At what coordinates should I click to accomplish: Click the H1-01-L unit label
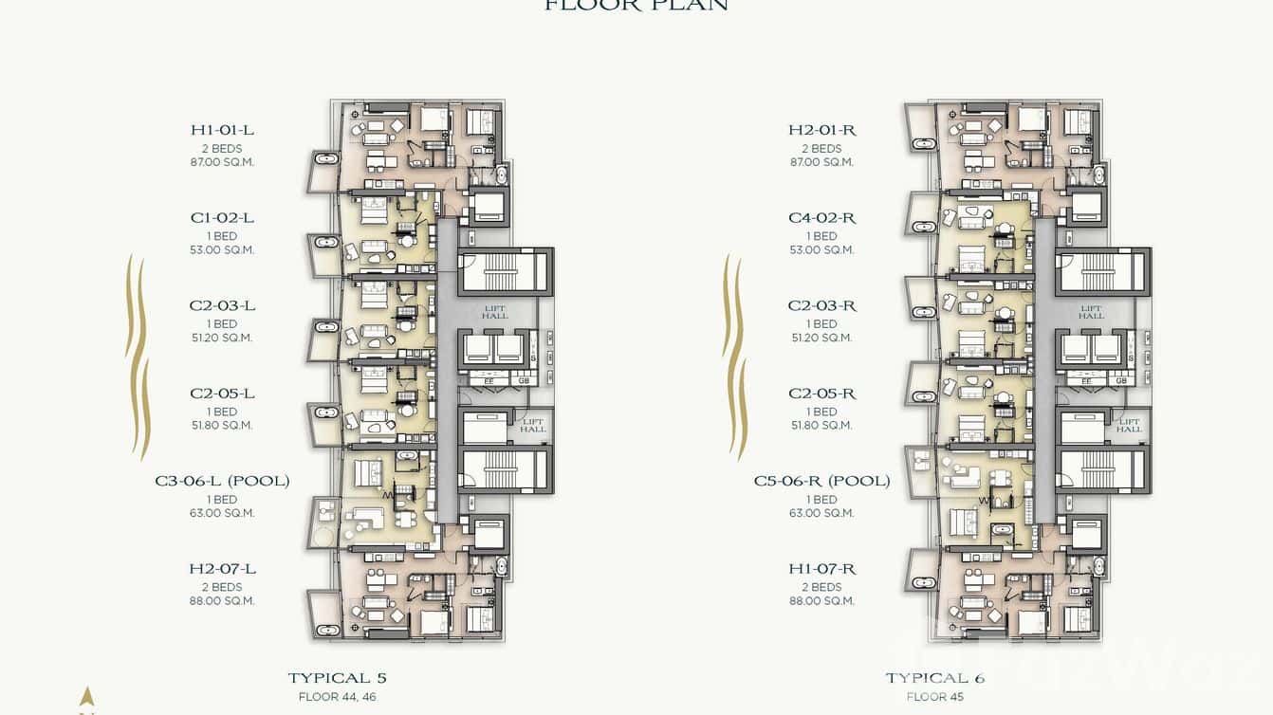(222, 130)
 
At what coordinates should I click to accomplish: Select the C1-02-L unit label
(222, 218)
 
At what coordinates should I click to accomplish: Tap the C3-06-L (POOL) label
(222, 481)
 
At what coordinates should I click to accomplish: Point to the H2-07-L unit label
(222, 569)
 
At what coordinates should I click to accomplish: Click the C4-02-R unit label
(821, 218)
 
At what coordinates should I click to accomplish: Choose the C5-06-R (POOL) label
(821, 481)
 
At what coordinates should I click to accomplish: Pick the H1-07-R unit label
(821, 569)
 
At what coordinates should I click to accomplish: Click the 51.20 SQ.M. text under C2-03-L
(222, 338)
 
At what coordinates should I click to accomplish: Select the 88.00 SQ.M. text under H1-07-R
(821, 600)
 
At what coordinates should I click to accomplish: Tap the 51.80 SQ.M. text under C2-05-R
(821, 426)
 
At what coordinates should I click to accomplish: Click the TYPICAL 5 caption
(337, 678)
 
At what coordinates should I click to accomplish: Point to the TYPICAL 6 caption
(934, 678)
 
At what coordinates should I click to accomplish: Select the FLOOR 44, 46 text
(337, 697)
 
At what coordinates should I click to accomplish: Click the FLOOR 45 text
(934, 697)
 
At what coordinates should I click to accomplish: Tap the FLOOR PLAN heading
(636, 6)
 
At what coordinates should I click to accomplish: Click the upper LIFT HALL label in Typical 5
(494, 312)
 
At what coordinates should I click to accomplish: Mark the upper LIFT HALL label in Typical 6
(1091, 312)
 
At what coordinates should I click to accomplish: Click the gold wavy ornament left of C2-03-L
(138, 356)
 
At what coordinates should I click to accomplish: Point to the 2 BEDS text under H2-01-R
(821, 149)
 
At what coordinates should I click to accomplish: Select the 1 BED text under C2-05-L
(222, 412)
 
